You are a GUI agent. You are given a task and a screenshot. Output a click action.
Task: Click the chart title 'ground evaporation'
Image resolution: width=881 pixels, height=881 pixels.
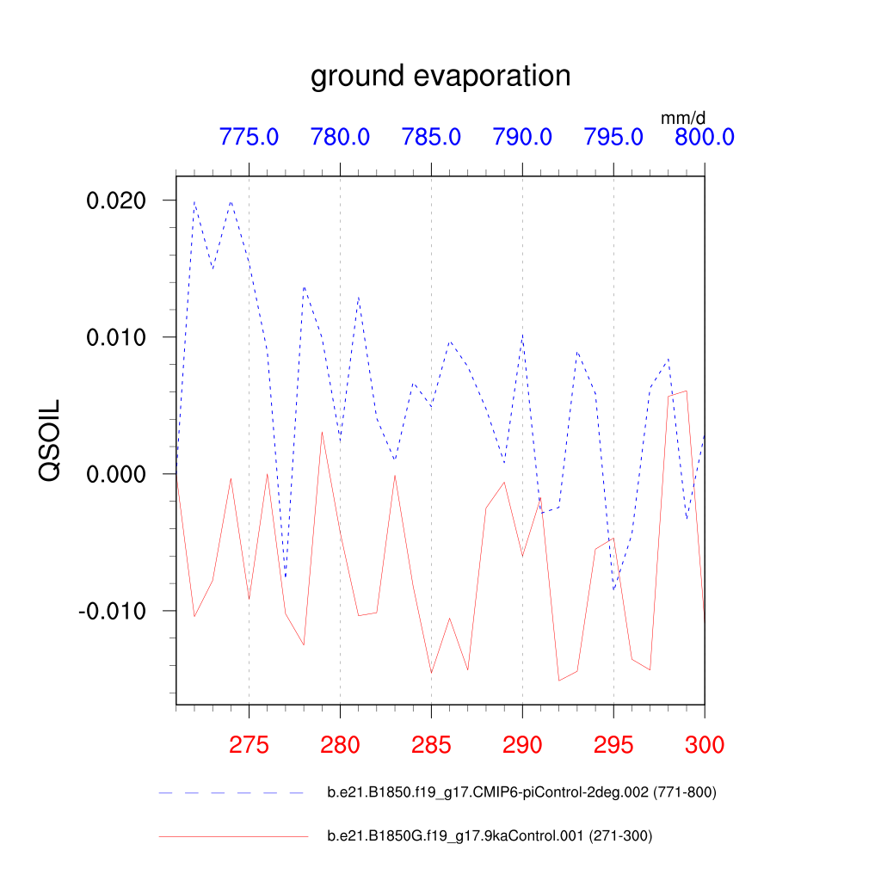coord(440,76)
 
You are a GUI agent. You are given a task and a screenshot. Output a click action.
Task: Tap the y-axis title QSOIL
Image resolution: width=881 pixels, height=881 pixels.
coord(49,440)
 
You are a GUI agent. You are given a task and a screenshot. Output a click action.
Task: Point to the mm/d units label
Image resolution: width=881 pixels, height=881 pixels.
coord(683,117)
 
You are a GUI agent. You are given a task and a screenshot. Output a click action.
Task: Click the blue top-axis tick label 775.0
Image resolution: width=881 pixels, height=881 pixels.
coord(249,137)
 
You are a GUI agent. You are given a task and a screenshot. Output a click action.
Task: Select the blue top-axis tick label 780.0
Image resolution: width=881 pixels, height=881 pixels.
coord(340,137)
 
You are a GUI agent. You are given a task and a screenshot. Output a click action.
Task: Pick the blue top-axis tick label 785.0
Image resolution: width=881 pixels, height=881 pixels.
coord(431,137)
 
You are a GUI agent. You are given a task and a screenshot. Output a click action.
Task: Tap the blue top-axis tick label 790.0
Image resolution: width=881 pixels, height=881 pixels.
coord(522,137)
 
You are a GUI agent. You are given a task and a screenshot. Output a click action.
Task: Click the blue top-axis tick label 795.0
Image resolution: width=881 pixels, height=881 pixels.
coord(613,137)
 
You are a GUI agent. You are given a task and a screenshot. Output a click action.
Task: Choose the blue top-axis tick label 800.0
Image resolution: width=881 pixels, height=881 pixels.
coord(704,137)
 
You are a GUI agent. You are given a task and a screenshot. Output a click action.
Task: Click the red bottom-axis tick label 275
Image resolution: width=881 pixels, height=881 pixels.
coord(249,745)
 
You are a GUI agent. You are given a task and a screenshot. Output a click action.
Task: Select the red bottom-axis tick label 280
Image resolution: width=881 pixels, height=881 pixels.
coord(340,745)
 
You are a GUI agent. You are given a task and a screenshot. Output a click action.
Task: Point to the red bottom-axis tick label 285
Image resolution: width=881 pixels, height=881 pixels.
coord(431,745)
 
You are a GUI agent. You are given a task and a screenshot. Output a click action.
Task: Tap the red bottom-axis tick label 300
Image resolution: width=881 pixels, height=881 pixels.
coord(704,745)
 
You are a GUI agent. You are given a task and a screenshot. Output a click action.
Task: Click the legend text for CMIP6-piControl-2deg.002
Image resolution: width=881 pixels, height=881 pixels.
coord(521,792)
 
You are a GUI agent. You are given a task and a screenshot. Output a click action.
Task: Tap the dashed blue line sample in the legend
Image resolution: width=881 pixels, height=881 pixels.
coord(232,792)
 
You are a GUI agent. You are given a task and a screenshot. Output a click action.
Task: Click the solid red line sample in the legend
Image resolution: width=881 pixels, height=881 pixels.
coord(232,835)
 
